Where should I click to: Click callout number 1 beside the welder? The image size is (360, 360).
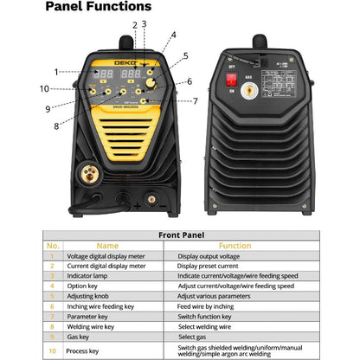(56, 72)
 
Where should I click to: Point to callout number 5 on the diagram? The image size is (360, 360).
(184, 56)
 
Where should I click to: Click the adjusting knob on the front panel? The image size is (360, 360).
(153, 86)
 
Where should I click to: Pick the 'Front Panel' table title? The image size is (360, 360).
(180, 234)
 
